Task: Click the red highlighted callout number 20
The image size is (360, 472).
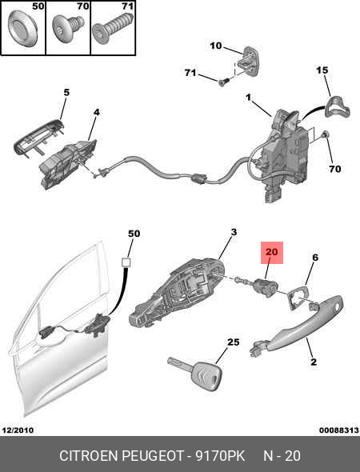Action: (272, 252)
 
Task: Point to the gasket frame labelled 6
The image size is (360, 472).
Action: (298, 298)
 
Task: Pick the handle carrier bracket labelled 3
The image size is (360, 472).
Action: (178, 291)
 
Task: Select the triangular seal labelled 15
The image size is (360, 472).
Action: (337, 108)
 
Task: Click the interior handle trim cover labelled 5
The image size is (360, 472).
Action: (38, 136)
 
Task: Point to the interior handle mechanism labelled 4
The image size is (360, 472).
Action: (69, 164)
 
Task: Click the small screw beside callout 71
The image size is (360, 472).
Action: (224, 82)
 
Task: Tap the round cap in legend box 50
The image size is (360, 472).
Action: (22, 28)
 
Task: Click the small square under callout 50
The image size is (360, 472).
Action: (126, 262)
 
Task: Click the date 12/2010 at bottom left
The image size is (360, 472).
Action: (18, 430)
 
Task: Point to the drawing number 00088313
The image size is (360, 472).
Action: (339, 430)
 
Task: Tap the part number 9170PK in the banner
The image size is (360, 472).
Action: (220, 456)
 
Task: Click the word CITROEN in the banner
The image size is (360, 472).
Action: (89, 456)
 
